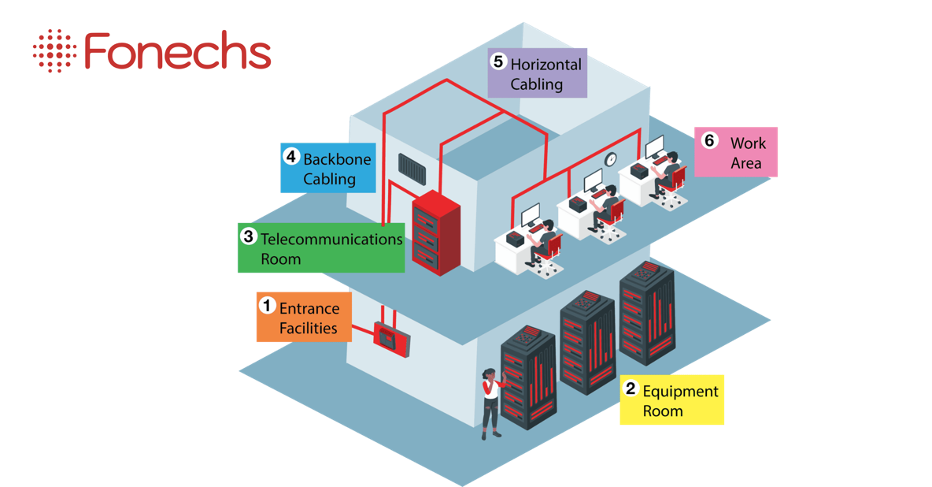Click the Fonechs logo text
click(x=177, y=52)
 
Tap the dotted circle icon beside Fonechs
click(x=54, y=51)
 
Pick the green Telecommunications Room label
click(x=321, y=248)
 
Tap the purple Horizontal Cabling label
click(x=537, y=73)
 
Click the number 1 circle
click(x=267, y=304)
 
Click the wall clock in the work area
click(x=610, y=160)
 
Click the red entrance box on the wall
click(x=391, y=339)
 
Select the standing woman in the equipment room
click(x=491, y=402)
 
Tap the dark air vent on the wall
click(x=412, y=168)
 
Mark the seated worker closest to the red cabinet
click(x=541, y=236)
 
